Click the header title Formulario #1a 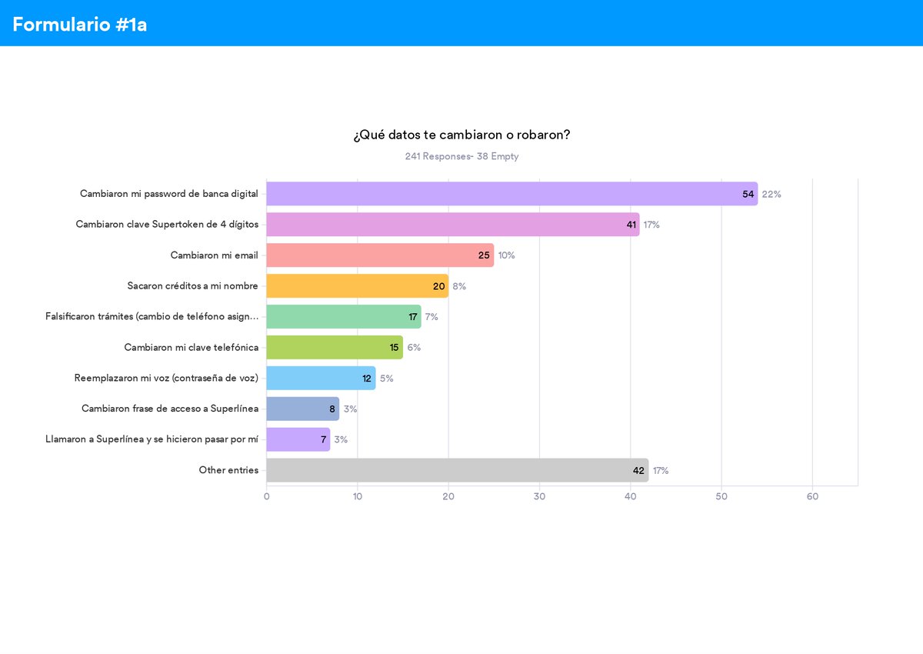79,25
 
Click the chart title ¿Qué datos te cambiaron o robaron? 461,135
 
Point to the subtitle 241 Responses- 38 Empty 461,157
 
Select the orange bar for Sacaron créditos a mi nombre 357,286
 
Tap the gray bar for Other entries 458,470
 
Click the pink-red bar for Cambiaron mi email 380,255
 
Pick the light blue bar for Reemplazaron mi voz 321,378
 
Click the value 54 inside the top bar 748,194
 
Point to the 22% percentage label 771,194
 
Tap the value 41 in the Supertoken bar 631,225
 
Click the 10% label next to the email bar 506,255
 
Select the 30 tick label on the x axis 539,496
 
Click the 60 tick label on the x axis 812,496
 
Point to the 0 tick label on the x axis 267,496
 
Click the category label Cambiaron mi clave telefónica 192,348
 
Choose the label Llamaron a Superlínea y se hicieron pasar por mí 152,439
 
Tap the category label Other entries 228,470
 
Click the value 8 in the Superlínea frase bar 332,409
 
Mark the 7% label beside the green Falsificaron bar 432,316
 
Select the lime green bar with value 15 335,348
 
